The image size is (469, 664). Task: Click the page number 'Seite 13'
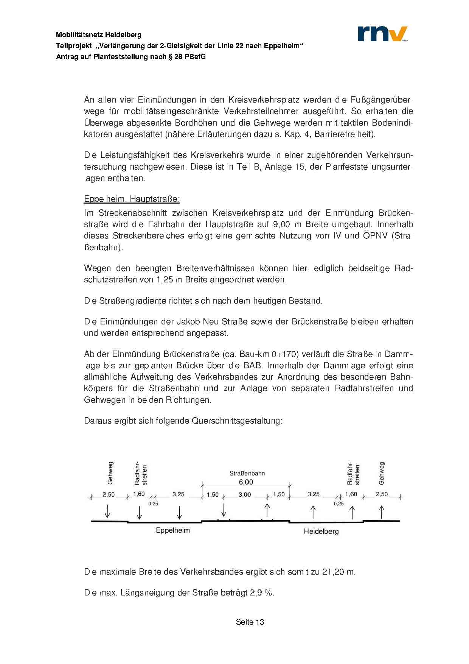pyautogui.click(x=250, y=622)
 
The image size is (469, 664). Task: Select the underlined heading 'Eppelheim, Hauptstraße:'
pyautogui.click(x=132, y=199)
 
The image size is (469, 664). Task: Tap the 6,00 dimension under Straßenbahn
pyautogui.click(x=246, y=482)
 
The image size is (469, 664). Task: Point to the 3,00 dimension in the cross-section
pyautogui.click(x=245, y=494)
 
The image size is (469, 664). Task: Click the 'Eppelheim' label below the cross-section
pyautogui.click(x=173, y=530)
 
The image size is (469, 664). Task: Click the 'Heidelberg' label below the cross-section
pyautogui.click(x=321, y=532)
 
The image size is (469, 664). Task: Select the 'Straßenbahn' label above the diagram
pyautogui.click(x=247, y=473)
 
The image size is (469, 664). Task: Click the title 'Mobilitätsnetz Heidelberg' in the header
pyautogui.click(x=99, y=35)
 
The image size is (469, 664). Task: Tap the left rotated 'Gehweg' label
pyautogui.click(x=110, y=473)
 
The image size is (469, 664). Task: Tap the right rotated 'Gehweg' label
pyautogui.click(x=381, y=473)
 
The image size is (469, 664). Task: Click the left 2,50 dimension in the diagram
pyautogui.click(x=109, y=494)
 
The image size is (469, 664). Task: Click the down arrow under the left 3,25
pyautogui.click(x=180, y=512)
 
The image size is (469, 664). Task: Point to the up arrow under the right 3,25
pyautogui.click(x=313, y=512)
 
